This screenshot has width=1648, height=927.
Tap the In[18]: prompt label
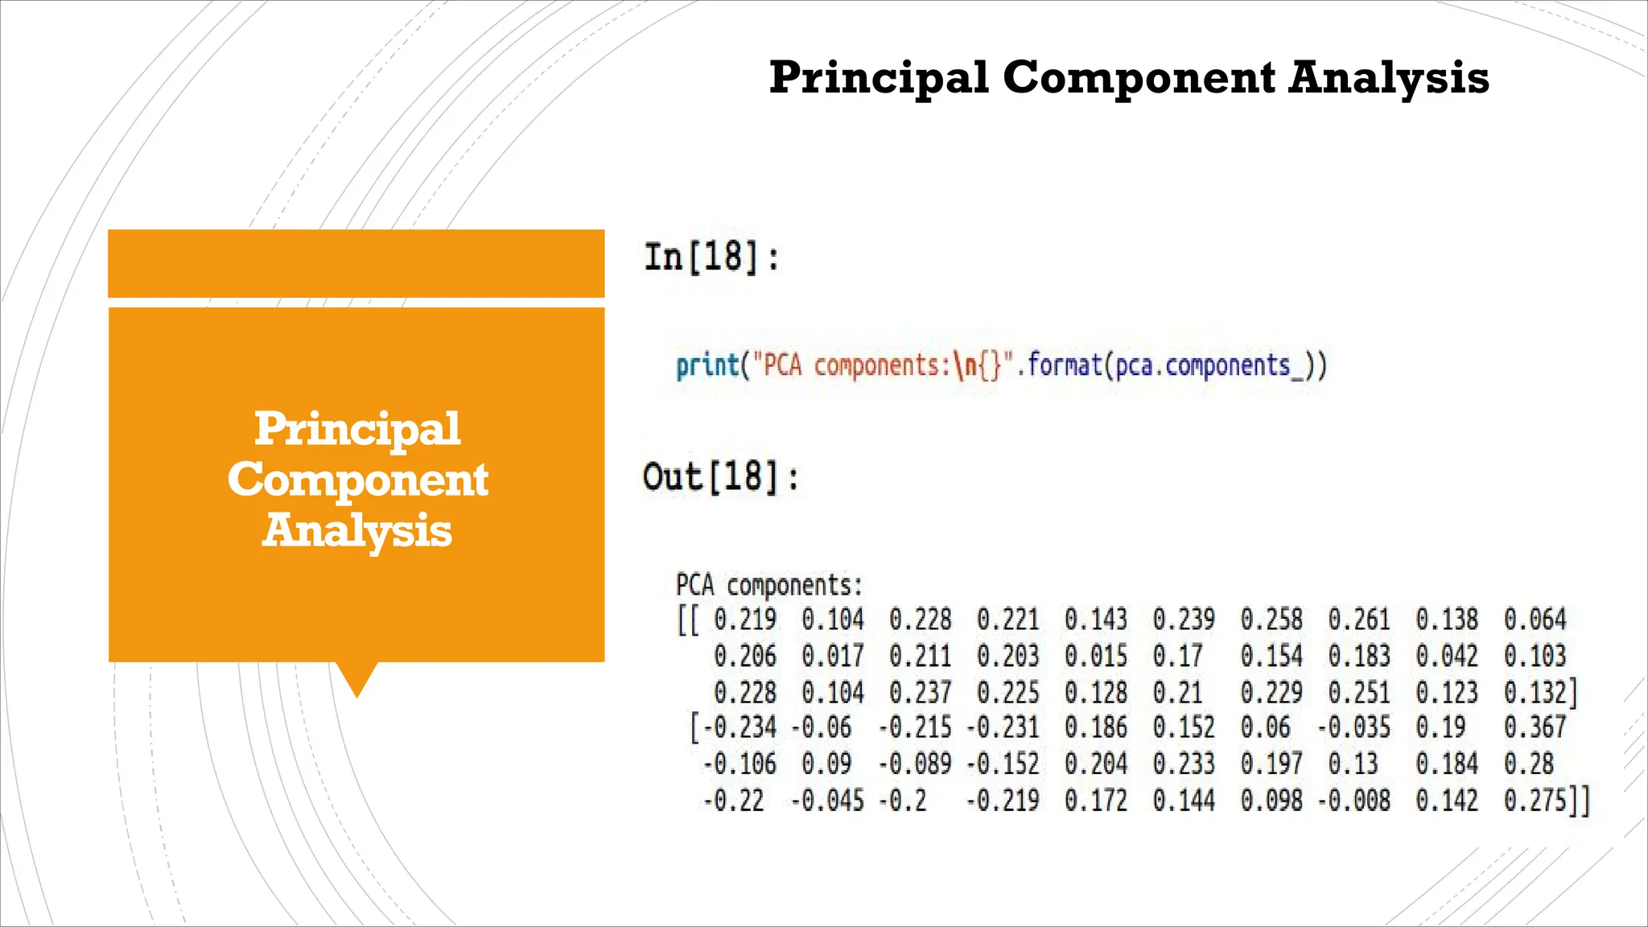click(711, 257)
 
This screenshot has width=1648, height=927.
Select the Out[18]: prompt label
click(721, 476)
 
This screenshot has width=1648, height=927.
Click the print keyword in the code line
click(707, 366)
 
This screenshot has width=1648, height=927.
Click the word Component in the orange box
click(357, 480)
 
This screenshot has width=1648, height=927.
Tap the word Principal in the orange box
click(357, 428)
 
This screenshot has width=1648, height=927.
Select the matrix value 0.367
click(1535, 727)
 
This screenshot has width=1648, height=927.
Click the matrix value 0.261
click(1358, 620)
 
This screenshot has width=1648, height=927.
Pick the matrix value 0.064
click(1535, 620)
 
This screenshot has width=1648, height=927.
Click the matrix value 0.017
click(832, 656)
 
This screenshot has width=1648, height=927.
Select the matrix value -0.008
click(1353, 801)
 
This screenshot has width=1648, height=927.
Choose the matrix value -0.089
click(914, 764)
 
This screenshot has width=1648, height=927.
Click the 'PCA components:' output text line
click(768, 585)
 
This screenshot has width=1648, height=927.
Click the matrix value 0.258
click(1271, 620)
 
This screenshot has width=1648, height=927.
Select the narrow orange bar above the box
click(356, 263)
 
